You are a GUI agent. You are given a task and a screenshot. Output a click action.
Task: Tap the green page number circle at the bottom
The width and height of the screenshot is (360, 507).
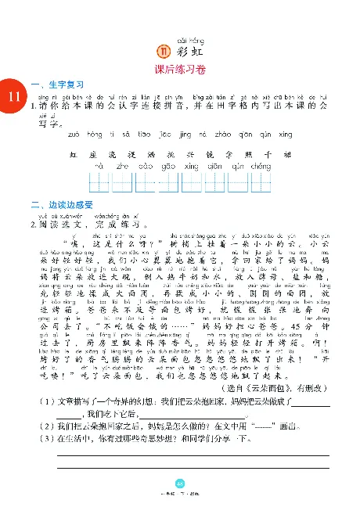[x=179, y=484]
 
